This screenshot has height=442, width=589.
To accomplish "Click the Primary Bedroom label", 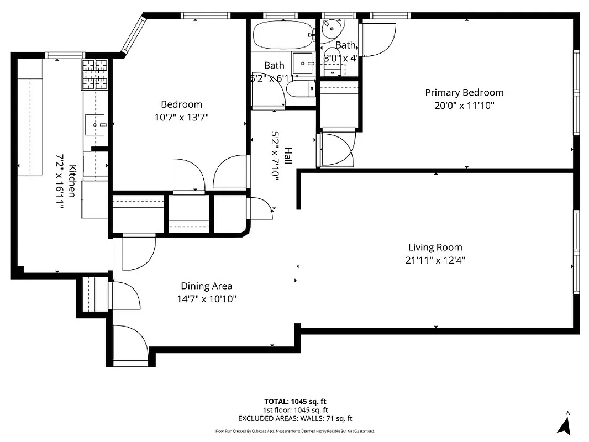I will pyautogui.click(x=464, y=92).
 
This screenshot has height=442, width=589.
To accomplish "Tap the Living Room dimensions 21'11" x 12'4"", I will pyautogui.click(x=435, y=260).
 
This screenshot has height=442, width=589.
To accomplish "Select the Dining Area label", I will pyautogui.click(x=206, y=286).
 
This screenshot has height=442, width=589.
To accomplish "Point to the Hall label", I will pyautogui.click(x=288, y=156).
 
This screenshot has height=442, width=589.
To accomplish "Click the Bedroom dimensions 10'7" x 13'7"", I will pyautogui.click(x=181, y=117).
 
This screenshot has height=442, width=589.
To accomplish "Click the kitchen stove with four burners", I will pyautogui.click(x=94, y=74).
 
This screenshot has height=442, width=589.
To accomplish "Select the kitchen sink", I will pyautogui.click(x=95, y=125).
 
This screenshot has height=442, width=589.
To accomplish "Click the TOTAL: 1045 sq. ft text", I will pyautogui.click(x=294, y=401).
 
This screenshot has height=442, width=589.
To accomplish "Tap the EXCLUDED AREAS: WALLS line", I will pyautogui.click(x=294, y=419).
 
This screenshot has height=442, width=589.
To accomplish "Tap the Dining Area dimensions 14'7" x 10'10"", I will pyautogui.click(x=206, y=299).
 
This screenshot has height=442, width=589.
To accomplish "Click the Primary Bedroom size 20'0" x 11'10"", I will pyautogui.click(x=464, y=106).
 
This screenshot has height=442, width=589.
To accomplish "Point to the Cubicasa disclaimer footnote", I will pyautogui.click(x=294, y=431).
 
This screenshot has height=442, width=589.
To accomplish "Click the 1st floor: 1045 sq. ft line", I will pyautogui.click(x=294, y=410).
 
